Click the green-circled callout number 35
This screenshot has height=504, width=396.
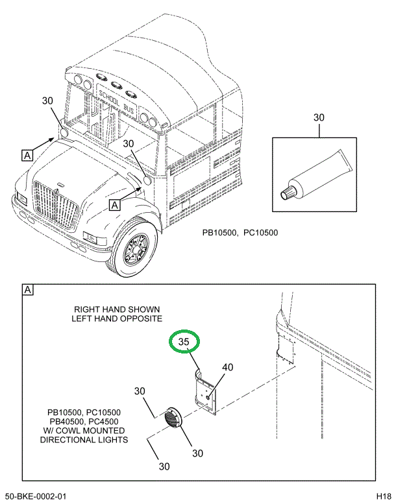[184, 342]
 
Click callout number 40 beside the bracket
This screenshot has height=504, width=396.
[227, 367]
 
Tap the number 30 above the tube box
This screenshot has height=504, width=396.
[318, 117]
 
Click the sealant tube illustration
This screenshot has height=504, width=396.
[315, 174]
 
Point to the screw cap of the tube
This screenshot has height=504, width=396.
[287, 193]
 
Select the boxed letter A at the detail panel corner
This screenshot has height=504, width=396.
[28, 290]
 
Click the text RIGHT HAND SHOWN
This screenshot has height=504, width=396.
[117, 309]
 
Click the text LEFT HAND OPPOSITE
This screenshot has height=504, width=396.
[117, 319]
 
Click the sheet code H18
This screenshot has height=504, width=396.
[383, 496]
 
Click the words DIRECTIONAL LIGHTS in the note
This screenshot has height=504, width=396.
[84, 439]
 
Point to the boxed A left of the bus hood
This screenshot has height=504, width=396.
[27, 155]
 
